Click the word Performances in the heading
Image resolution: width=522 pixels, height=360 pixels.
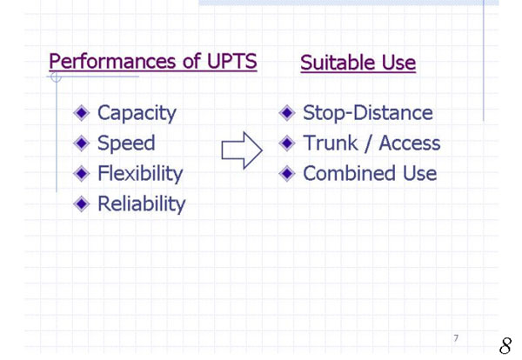tap(113, 61)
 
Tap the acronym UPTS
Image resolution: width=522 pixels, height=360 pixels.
tap(232, 61)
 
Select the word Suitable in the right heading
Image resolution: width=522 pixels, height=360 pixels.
tap(338, 63)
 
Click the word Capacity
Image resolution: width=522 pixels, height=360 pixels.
tap(137, 113)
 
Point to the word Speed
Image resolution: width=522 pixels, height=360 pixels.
tap(126, 143)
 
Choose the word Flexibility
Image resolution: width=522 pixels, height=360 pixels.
tap(140, 174)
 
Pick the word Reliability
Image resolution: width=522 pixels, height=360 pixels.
tap(142, 203)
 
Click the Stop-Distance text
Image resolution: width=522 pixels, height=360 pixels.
tap(368, 112)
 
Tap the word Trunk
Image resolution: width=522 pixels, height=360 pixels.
tap(331, 143)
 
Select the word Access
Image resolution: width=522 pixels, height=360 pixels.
tap(410, 143)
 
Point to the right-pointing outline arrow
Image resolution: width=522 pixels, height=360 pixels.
tap(242, 150)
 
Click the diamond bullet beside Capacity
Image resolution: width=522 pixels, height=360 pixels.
tap(82, 113)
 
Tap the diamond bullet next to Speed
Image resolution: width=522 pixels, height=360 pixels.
tap(82, 143)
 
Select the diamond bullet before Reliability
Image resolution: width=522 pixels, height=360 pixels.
tap(82, 203)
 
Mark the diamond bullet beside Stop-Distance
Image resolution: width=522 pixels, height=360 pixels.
tap(287, 113)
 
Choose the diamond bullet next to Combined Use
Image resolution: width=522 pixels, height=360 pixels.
tap(287, 173)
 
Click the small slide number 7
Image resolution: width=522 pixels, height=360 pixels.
tap(456, 338)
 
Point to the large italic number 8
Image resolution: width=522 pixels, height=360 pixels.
tap(505, 346)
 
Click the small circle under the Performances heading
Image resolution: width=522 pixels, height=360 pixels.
tap(56, 77)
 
